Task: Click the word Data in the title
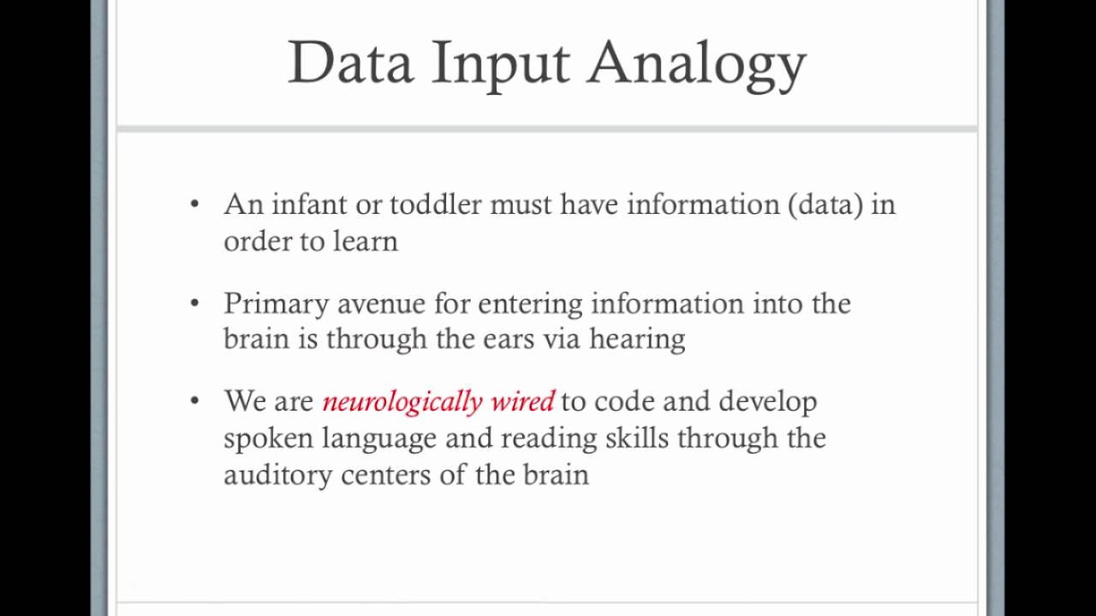tap(350, 63)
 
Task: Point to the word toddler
tap(435, 204)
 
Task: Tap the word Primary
tap(276, 305)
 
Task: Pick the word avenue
tap(381, 305)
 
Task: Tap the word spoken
tap(268, 439)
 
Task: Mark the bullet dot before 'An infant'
tap(195, 204)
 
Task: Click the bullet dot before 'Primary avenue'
tap(195, 303)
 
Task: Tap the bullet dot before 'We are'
tap(195, 400)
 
